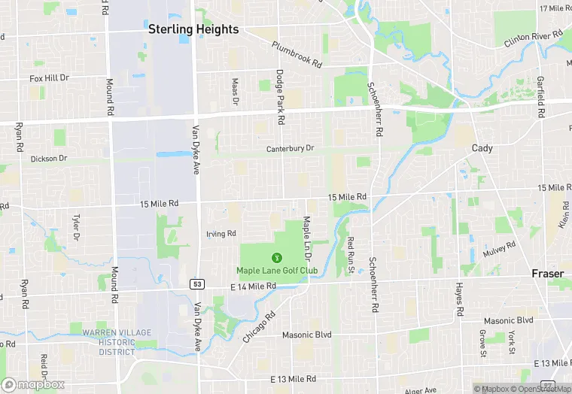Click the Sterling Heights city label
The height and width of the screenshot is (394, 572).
193,29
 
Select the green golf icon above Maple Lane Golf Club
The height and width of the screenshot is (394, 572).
276,258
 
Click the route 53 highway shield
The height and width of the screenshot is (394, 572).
196,284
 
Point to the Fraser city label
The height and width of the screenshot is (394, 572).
547,274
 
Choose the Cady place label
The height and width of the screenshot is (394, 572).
482,148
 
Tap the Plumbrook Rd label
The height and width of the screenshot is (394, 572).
297,55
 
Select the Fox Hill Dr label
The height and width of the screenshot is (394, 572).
49,77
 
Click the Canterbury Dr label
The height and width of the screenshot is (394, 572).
290,149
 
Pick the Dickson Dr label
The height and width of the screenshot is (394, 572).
49,159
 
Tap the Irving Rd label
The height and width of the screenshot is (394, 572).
221,234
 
